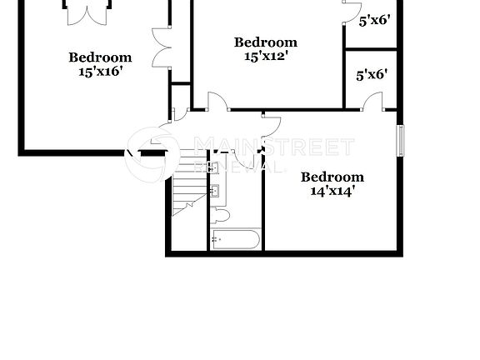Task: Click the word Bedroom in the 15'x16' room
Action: (x=100, y=57)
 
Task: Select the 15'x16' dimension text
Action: (x=100, y=72)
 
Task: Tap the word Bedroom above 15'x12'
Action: (x=265, y=42)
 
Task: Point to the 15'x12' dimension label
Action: (x=265, y=57)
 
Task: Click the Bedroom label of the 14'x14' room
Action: (x=332, y=177)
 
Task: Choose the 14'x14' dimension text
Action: (x=332, y=191)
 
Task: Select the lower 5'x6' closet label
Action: (x=372, y=76)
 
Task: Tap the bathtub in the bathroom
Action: (x=235, y=239)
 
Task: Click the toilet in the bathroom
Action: (x=220, y=216)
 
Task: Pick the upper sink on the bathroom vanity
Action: (x=215, y=168)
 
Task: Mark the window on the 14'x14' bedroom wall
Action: (x=400, y=139)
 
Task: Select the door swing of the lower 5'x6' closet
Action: (x=372, y=102)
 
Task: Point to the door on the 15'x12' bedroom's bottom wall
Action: (x=216, y=101)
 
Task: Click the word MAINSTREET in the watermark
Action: (x=273, y=147)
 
